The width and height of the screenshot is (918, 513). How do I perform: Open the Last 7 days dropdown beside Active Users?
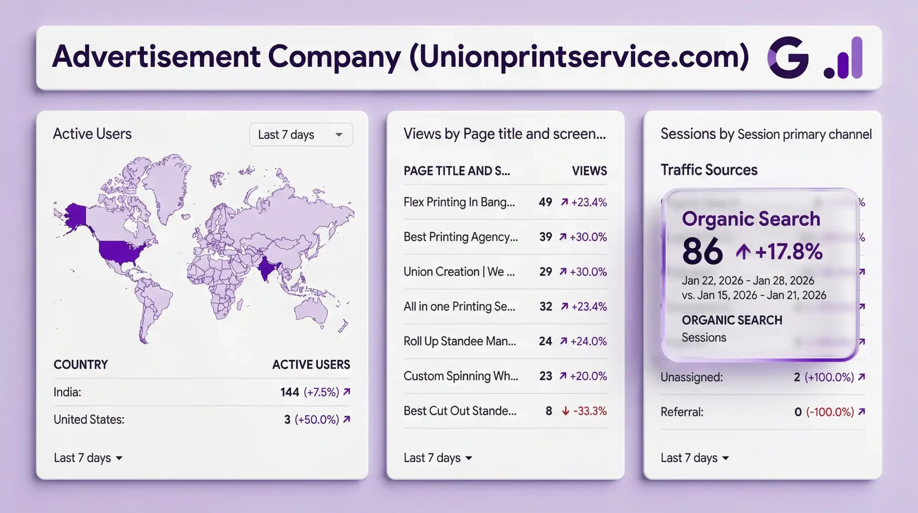tap(301, 135)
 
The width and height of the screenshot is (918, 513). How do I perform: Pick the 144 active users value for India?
tap(289, 392)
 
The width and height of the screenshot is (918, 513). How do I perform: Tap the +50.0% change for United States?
tap(317, 419)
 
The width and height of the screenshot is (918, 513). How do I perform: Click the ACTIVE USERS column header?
tap(311, 365)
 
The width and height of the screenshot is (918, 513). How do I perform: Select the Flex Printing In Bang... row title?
tap(459, 202)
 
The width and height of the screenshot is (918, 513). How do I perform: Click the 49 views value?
tap(545, 202)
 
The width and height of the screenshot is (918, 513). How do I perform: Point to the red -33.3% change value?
tap(590, 411)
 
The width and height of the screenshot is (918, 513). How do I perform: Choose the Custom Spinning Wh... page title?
tap(461, 376)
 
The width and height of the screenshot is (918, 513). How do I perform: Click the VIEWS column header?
tap(589, 171)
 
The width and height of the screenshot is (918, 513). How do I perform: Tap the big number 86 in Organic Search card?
tap(702, 251)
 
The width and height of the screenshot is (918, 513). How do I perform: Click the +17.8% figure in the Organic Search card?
tap(789, 251)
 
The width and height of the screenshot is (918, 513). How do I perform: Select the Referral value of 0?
tap(798, 412)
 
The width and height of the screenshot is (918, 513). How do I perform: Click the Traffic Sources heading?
tap(709, 170)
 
